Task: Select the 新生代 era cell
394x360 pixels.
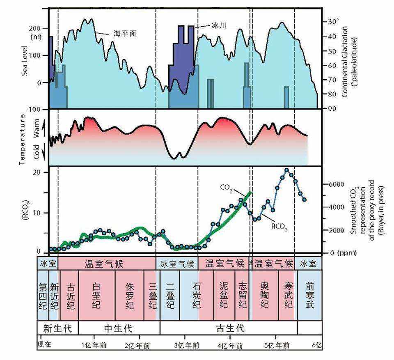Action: (x=57, y=328)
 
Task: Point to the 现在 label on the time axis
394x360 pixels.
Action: (x=44, y=345)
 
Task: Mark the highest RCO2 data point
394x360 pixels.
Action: (x=286, y=170)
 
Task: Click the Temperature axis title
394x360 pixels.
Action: (x=23, y=140)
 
